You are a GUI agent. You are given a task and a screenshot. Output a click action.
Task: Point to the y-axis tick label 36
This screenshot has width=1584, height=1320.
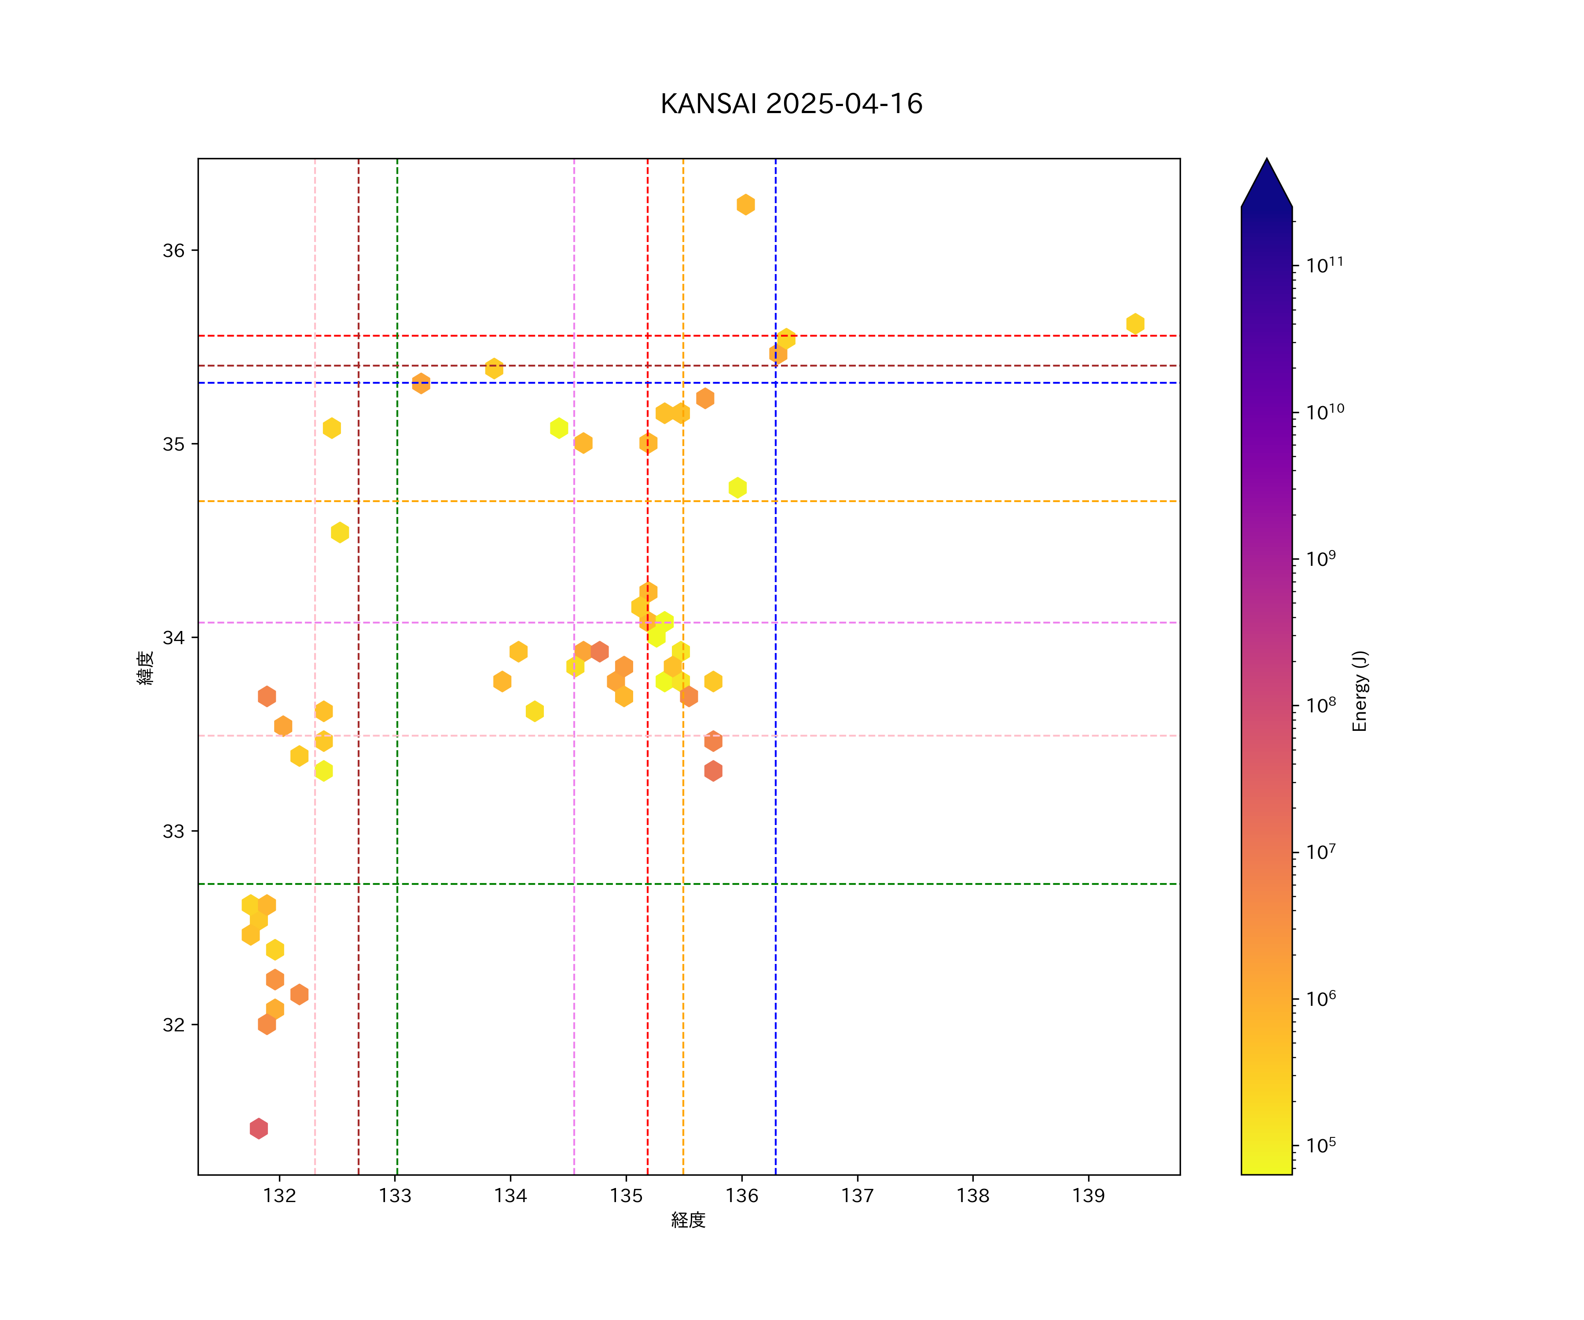173,250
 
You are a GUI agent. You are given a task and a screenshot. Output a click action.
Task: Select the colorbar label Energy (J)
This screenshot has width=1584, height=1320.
1359,691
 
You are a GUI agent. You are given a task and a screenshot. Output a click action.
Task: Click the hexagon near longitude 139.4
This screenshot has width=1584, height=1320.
1134,323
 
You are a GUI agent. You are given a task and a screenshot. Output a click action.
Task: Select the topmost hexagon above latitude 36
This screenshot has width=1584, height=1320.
745,205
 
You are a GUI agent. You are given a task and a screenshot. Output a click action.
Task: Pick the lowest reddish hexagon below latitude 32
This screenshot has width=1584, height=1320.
259,1129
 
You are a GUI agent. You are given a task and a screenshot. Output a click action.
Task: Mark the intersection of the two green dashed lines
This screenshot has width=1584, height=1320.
397,883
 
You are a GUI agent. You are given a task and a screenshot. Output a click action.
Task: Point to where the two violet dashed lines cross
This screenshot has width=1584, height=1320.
574,622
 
